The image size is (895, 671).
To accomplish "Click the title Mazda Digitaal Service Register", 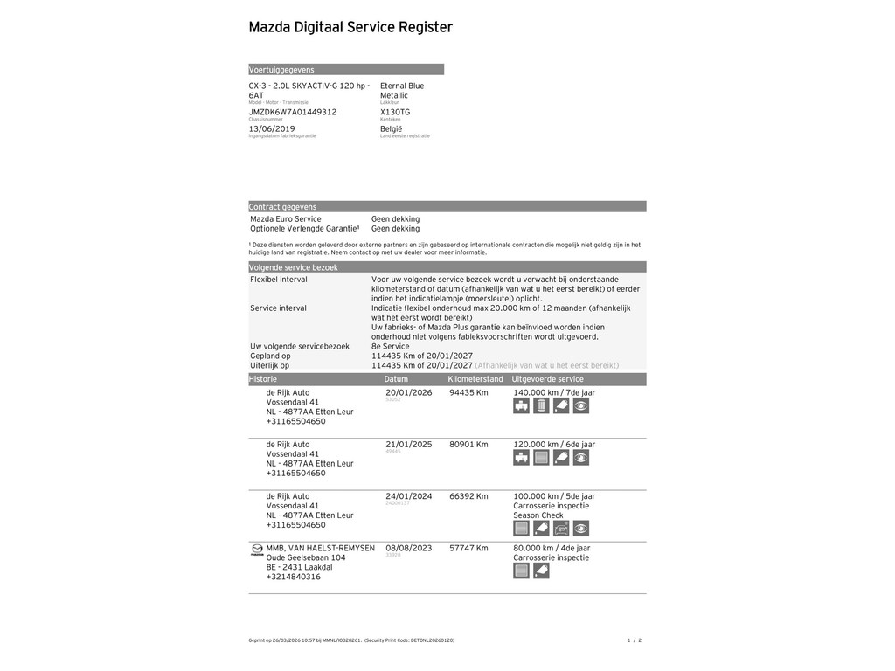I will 350,27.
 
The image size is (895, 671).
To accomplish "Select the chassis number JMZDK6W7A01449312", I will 292,112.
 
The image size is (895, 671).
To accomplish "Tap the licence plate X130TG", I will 395,112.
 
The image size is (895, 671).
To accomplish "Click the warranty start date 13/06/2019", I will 272,128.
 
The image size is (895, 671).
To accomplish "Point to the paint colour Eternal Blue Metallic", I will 402,91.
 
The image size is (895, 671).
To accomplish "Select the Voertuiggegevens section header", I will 281,70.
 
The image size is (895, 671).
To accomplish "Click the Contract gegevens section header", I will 283,207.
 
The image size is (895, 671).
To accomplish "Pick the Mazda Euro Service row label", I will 286,219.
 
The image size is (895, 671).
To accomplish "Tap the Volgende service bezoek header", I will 293,267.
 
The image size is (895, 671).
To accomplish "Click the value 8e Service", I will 390,346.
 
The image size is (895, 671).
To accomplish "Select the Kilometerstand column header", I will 475,379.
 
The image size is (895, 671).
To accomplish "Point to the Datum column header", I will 396,379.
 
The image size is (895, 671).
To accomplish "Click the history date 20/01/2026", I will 409,392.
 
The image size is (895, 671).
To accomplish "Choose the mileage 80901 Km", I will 468,445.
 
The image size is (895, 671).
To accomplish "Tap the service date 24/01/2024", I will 409,496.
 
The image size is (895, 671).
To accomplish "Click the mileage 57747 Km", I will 468,548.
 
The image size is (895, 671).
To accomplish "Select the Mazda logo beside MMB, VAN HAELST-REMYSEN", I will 257,550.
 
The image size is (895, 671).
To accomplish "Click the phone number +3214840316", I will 293,577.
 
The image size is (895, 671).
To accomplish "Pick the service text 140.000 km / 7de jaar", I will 554,392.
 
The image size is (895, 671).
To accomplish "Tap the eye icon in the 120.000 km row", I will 581,458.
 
